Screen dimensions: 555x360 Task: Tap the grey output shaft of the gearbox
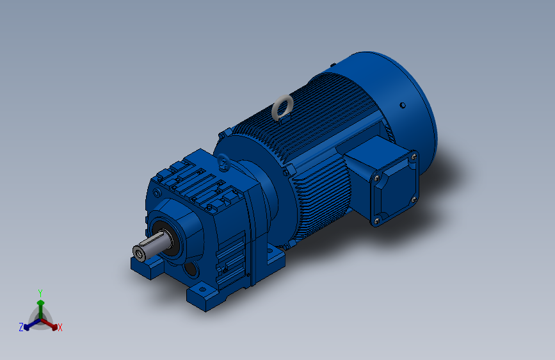[x=153, y=245]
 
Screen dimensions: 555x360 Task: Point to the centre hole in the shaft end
[x=138, y=254]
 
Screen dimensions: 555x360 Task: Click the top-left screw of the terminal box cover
[x=377, y=178]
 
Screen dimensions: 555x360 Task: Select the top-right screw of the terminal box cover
[x=414, y=156]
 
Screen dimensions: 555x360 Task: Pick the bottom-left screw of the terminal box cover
[x=376, y=221]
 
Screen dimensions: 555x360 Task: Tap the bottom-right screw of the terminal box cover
[x=414, y=200]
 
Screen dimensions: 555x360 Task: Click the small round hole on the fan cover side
[x=403, y=105]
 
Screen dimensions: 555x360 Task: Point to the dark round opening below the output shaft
[x=191, y=269]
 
